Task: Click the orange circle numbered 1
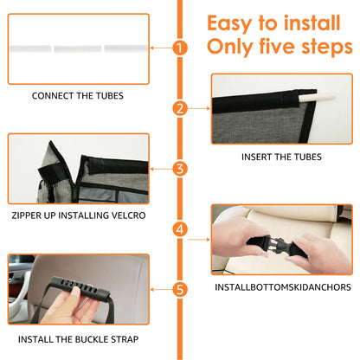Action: tap(180, 48)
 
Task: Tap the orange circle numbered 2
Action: tap(180, 108)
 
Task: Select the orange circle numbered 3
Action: tap(180, 169)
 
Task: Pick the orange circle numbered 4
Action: tap(180, 229)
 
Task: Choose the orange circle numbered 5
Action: tap(180, 290)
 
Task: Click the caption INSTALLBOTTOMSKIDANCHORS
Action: tap(283, 287)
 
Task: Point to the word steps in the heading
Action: tap(327, 48)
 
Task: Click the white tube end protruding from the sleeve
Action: tap(318, 97)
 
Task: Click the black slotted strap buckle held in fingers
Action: tap(81, 287)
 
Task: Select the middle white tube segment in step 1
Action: tap(78, 48)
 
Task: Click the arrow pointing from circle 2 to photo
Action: tap(199, 108)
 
